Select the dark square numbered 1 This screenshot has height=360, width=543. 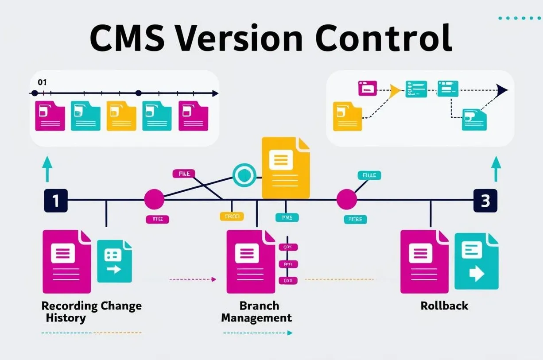[x=56, y=201]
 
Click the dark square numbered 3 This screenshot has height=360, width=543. [x=485, y=201]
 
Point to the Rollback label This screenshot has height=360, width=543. [x=444, y=306]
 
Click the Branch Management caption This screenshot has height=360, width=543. [x=257, y=312]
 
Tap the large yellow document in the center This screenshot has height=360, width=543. [x=285, y=168]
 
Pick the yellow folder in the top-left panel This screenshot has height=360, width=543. [x=121, y=116]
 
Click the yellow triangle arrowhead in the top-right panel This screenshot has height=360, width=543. [x=394, y=90]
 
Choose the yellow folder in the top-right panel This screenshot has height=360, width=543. [x=347, y=116]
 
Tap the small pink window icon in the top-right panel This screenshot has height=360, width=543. [x=367, y=88]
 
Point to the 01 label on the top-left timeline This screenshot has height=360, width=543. [x=42, y=82]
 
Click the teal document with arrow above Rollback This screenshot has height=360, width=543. [x=477, y=262]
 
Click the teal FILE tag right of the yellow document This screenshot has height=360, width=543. [x=369, y=175]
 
